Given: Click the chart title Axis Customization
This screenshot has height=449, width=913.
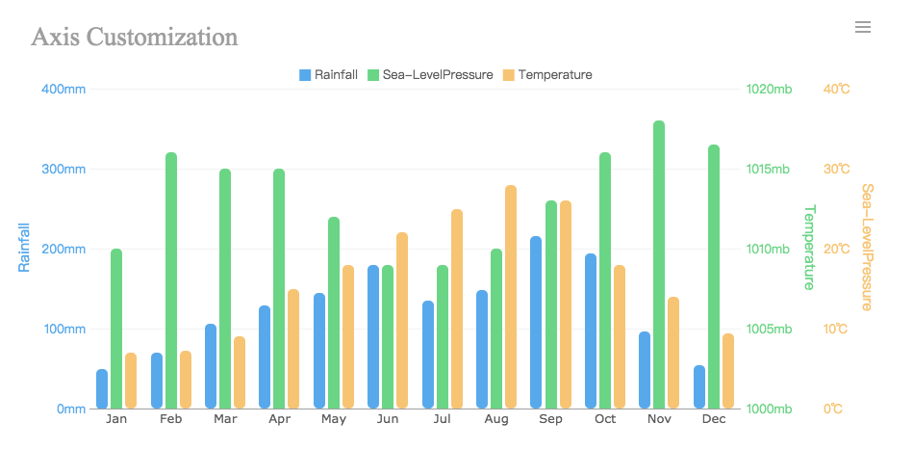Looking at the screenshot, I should tap(135, 38).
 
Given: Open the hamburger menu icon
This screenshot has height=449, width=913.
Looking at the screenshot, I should tap(863, 27).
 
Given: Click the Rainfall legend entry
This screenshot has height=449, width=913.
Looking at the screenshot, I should tap(329, 75).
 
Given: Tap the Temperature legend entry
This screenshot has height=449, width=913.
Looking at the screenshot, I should tap(547, 75).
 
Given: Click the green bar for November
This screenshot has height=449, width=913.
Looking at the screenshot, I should tap(659, 265).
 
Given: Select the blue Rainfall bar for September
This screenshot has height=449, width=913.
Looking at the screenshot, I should tap(536, 323).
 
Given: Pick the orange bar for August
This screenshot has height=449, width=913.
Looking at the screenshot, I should tap(511, 297).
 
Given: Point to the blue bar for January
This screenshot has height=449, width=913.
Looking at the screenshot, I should tap(102, 389).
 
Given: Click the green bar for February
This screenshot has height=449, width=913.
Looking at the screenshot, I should tap(171, 280).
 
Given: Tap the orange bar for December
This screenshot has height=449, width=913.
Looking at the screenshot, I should tap(728, 371).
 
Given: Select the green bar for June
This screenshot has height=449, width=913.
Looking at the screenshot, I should tap(388, 337).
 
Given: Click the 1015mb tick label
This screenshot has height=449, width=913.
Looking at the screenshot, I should tap(770, 170).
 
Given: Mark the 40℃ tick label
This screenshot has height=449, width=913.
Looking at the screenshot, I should tap(837, 90).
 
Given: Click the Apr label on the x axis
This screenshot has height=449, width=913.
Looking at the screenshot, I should tap(280, 420).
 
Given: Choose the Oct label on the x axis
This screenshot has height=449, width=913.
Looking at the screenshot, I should tap(605, 420).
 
